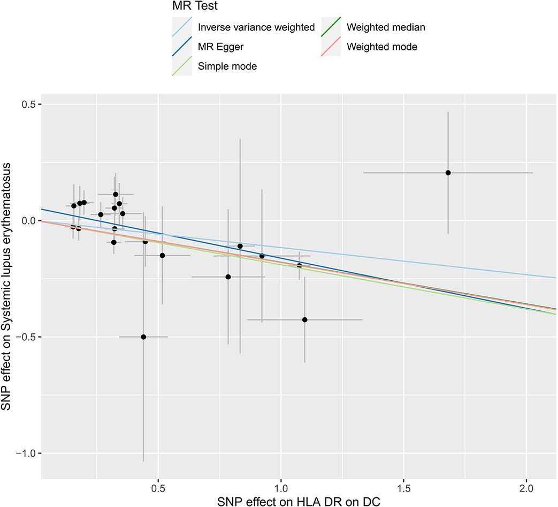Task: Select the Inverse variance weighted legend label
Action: pyautogui.click(x=256, y=27)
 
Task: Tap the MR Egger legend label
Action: pyautogui.click(x=220, y=47)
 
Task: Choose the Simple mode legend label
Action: pyautogui.click(x=227, y=66)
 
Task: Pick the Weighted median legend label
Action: pyautogui.click(x=386, y=27)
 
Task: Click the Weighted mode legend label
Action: pyautogui.click(x=382, y=47)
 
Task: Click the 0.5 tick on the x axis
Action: pyautogui.click(x=158, y=489)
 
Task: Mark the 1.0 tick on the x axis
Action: pyautogui.click(x=281, y=489)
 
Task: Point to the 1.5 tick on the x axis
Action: pyautogui.click(x=404, y=489)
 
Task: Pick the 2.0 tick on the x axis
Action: pyautogui.click(x=527, y=489)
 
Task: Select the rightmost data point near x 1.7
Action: pyautogui.click(x=448, y=173)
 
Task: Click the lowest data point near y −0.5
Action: pyautogui.click(x=143, y=337)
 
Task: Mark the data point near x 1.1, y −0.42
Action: pyautogui.click(x=305, y=320)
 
